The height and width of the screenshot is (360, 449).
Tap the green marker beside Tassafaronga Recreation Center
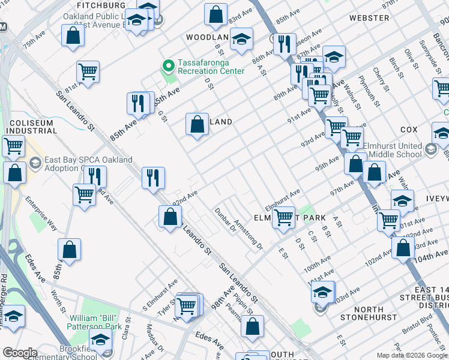point(168,65)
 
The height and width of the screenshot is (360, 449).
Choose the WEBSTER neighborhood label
point(370,18)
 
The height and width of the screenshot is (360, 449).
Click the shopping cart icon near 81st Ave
point(88,72)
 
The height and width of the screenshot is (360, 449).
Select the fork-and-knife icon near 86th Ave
point(285,43)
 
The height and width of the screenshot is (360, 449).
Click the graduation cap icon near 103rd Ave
point(323,292)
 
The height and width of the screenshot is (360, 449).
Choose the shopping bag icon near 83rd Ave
point(215,14)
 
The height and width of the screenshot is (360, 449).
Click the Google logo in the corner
point(20,353)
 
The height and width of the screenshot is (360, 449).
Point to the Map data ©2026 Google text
point(411,355)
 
